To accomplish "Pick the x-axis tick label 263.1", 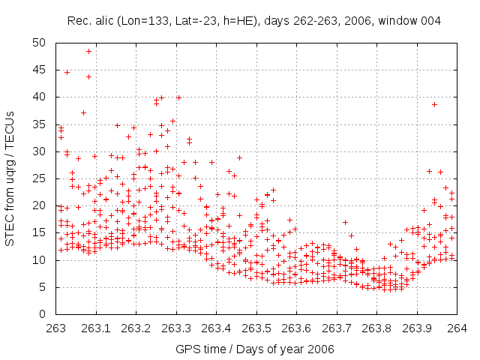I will click(x=96, y=328).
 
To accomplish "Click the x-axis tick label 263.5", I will click(x=256, y=328).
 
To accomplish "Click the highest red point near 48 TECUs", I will click(x=88, y=51).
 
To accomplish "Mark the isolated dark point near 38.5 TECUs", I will click(x=434, y=104).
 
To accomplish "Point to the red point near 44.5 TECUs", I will click(x=67, y=72).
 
